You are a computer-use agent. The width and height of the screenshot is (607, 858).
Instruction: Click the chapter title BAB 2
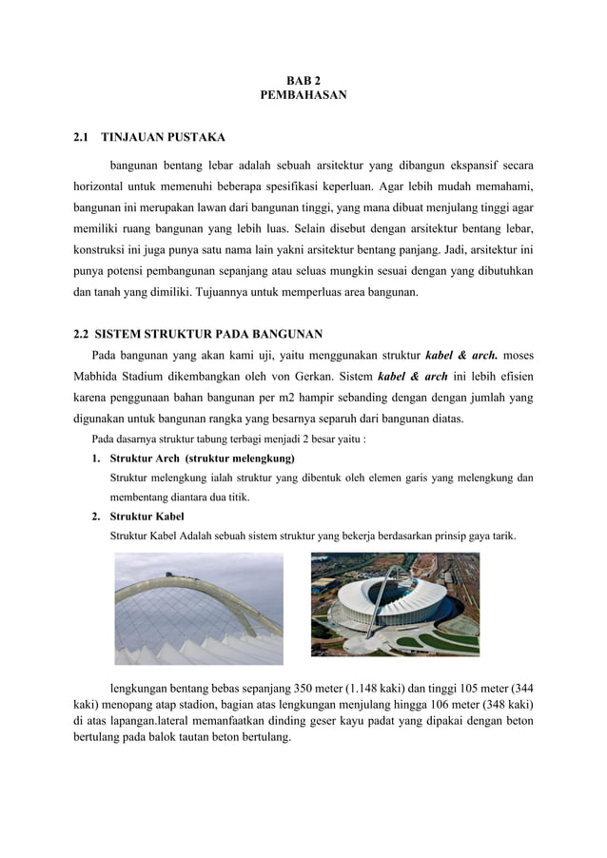(x=303, y=81)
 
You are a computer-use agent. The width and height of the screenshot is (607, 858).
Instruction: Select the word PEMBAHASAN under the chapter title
(x=303, y=96)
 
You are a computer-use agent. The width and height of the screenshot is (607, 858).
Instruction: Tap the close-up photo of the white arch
(x=198, y=609)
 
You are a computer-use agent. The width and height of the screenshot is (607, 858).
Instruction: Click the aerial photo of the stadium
(x=395, y=604)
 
